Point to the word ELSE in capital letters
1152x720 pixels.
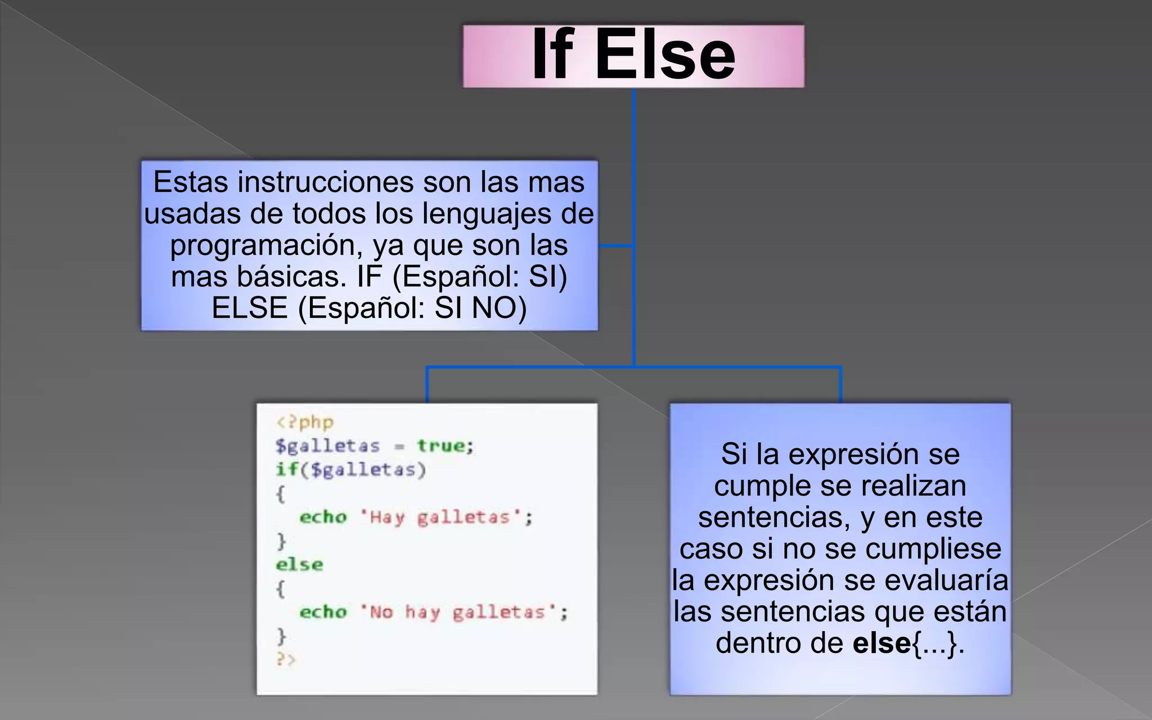pyautogui.click(x=250, y=308)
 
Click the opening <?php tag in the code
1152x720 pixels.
pyautogui.click(x=305, y=422)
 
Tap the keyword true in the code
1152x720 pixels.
pyautogui.click(x=442, y=446)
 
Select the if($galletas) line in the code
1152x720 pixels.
pyautogui.click(x=350, y=470)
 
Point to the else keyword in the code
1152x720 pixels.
pyautogui.click(x=299, y=565)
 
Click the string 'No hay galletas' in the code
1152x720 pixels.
pyautogui.click(x=458, y=612)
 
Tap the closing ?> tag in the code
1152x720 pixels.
pyautogui.click(x=285, y=659)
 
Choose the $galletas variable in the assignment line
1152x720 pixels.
pyautogui.click(x=327, y=446)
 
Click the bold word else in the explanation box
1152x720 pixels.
pyautogui.click(x=881, y=643)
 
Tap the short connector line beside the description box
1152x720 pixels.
pyautogui.click(x=616, y=246)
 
